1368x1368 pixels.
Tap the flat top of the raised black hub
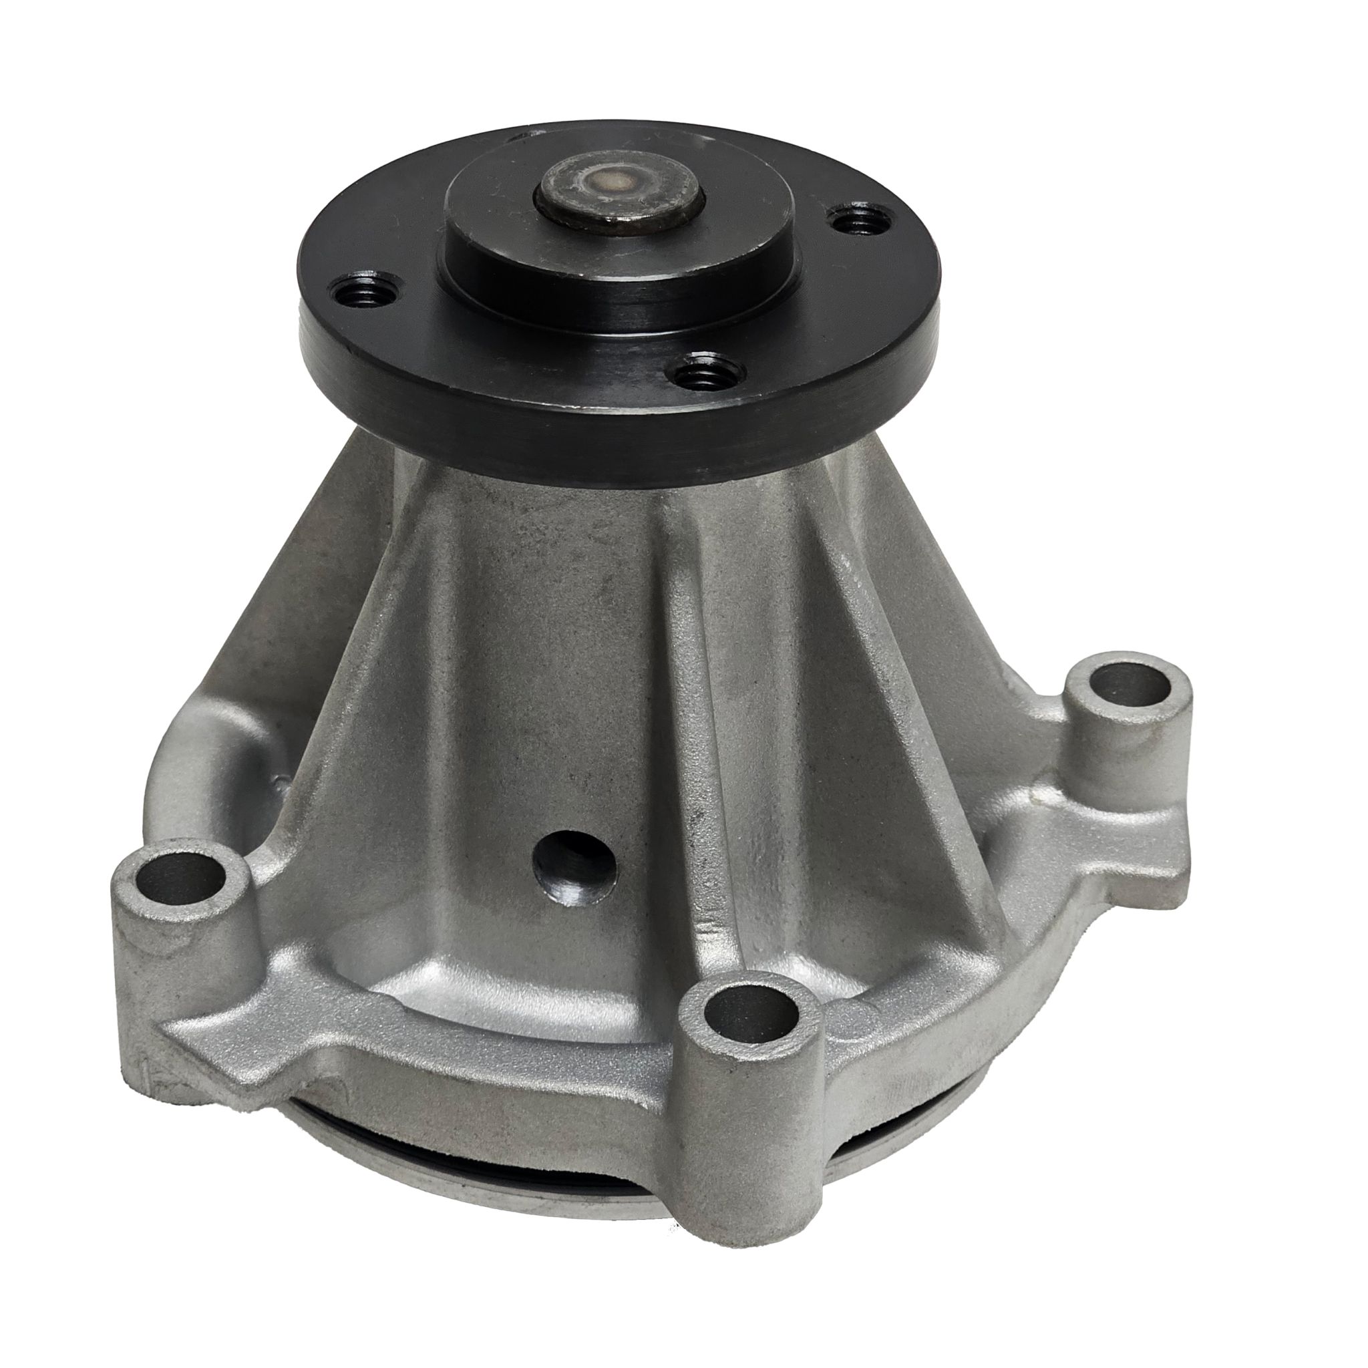click(x=496, y=212)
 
